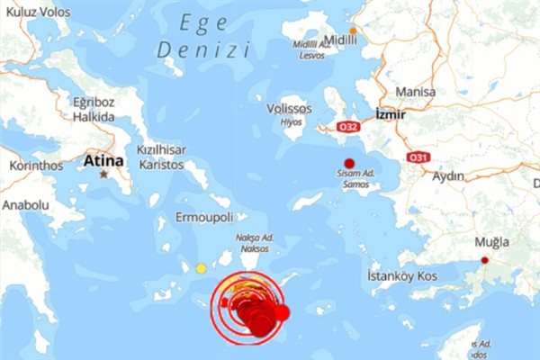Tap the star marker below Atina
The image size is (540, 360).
105,174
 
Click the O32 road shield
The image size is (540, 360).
347,128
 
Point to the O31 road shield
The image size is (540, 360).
417,157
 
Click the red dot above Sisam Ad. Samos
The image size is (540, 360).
349,163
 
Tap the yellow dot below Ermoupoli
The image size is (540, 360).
201,268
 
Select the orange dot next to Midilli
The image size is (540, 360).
354,31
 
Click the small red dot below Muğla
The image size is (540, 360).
485,260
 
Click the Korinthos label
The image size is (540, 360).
37,166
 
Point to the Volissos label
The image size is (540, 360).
289,109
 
